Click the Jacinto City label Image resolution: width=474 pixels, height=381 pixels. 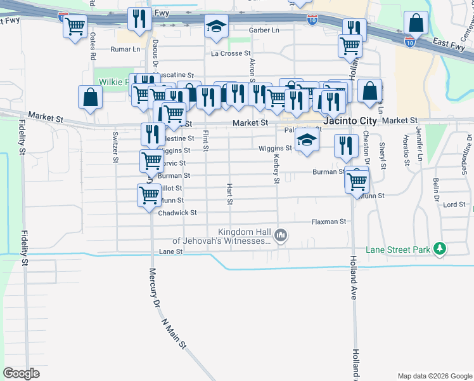tap(350, 121)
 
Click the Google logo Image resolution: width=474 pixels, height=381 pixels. tap(21, 373)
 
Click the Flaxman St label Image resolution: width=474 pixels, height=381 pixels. tap(329, 222)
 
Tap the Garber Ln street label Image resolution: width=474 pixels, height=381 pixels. tap(264, 30)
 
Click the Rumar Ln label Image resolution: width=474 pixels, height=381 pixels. tap(125, 49)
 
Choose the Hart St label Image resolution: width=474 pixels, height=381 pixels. tap(230, 194)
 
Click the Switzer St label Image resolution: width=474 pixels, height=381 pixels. tap(116, 147)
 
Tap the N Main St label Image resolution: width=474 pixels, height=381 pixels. tap(174, 334)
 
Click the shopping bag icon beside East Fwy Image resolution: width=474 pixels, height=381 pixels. tap(416, 24)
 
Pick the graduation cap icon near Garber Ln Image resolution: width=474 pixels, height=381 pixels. tap(215, 27)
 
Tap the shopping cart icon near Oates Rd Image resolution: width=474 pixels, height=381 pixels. tap(75, 27)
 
